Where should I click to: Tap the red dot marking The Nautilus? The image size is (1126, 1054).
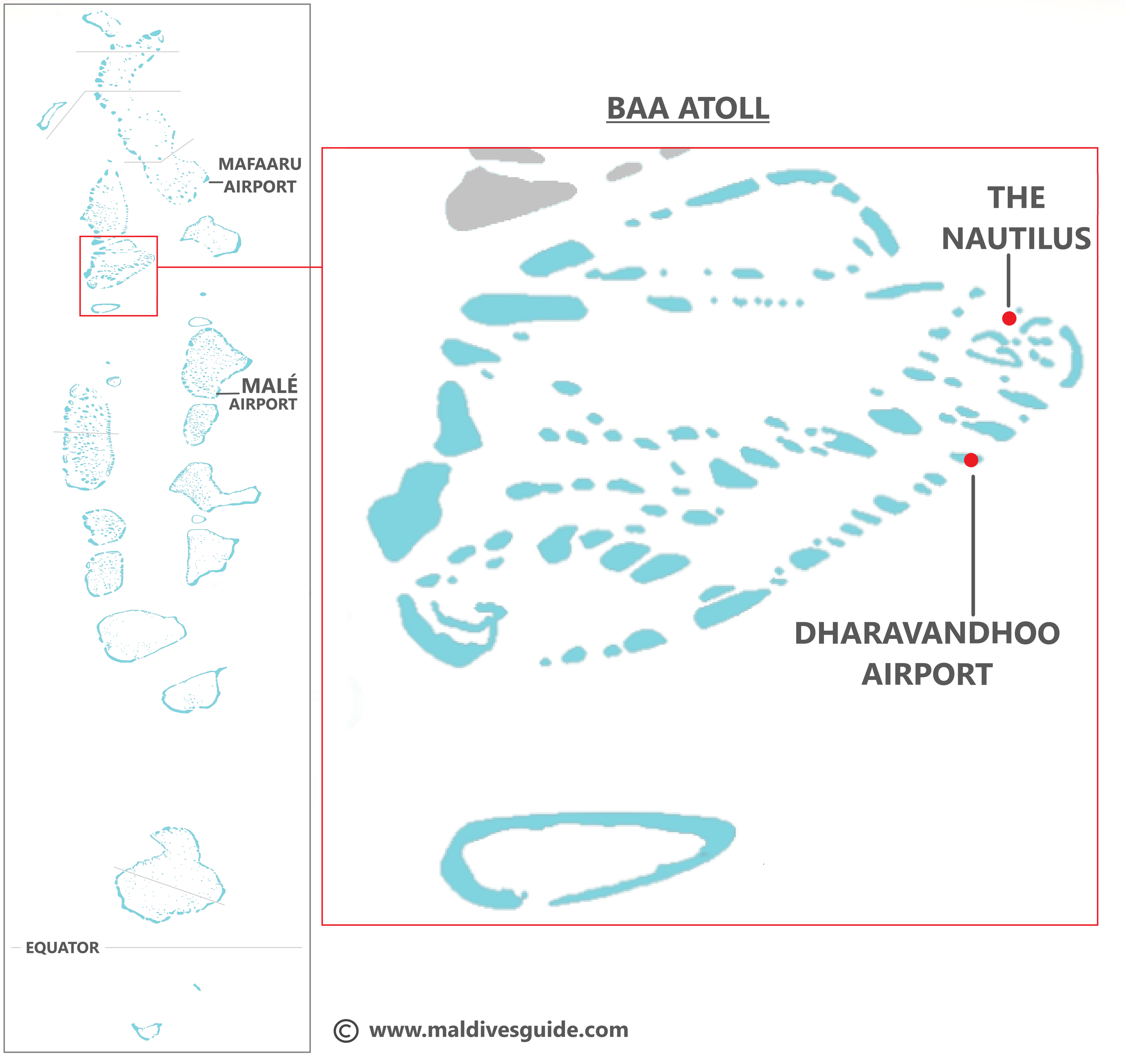coord(1009,318)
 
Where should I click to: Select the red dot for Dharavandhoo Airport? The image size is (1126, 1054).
coord(971,460)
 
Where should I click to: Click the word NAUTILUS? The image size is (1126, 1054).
coord(1016,238)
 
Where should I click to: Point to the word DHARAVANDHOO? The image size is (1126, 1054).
coord(927,633)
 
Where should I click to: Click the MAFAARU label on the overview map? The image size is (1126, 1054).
coord(260,164)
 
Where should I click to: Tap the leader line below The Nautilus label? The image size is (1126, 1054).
coord(1009,280)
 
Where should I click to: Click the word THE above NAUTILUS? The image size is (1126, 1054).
coord(1016,198)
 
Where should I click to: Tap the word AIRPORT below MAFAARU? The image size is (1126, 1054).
coord(260,187)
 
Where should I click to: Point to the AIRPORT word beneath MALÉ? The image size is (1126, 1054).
coord(263,404)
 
